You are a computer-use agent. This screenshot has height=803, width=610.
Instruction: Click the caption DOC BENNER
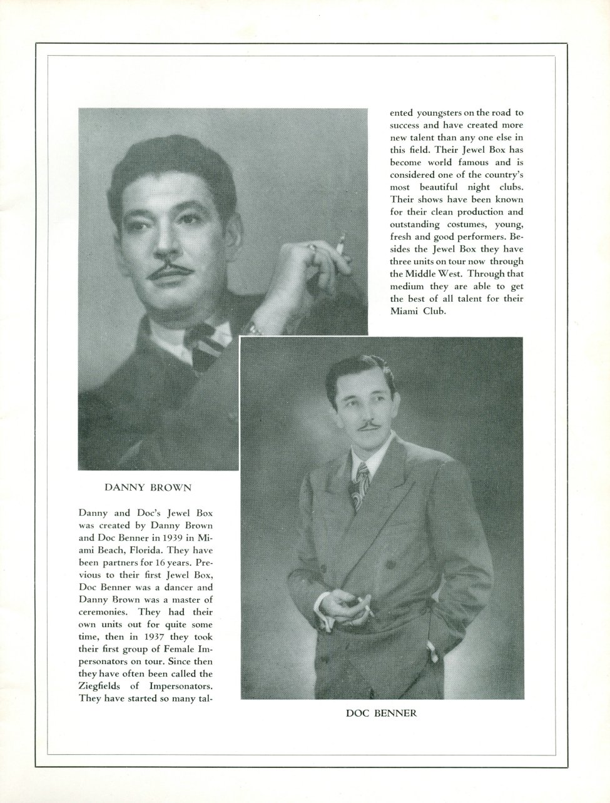point(381,712)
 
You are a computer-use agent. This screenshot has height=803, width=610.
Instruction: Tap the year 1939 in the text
point(171,538)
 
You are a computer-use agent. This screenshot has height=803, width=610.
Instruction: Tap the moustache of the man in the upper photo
point(168,272)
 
